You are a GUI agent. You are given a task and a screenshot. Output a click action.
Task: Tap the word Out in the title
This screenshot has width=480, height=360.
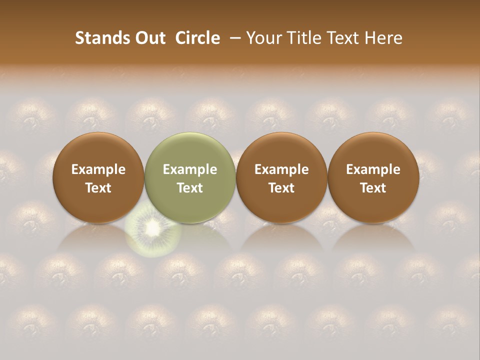point(149,38)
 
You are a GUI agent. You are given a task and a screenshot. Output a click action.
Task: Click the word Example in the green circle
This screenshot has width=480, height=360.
point(190,169)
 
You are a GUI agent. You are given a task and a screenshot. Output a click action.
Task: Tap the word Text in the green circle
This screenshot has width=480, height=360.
point(190,188)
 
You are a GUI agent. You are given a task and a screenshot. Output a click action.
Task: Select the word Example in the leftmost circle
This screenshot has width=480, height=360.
point(98,169)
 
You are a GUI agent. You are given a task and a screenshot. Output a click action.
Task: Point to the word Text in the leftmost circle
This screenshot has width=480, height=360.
point(98,188)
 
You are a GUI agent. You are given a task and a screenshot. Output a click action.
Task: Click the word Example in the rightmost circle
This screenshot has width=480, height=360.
point(373,169)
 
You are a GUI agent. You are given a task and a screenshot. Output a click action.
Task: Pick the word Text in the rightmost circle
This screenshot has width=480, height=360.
point(373,188)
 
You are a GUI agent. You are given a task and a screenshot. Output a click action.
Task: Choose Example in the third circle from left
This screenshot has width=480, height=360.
point(281,169)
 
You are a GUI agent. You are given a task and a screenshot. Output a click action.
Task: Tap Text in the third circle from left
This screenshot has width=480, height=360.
point(281,188)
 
